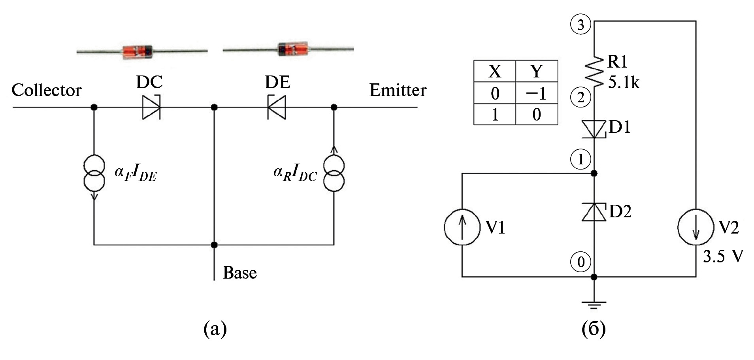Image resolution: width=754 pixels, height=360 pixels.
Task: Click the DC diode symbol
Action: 151,107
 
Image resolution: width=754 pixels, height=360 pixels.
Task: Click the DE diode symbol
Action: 277,107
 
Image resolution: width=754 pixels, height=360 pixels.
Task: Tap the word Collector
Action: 46,90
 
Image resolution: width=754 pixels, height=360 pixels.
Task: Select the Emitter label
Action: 398,90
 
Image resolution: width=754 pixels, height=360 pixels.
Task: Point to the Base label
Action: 239,273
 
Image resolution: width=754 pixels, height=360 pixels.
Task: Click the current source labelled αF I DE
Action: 94,173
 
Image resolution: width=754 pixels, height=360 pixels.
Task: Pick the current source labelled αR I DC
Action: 334,173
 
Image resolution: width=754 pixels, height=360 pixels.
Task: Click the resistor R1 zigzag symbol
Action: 594,71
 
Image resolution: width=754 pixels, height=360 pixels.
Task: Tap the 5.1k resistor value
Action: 624,83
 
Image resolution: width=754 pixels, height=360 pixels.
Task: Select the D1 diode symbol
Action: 594,129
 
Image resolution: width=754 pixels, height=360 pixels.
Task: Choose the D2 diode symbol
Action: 594,212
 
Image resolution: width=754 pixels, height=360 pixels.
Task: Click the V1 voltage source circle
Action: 462,227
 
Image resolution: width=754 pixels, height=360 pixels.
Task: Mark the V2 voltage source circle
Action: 696,227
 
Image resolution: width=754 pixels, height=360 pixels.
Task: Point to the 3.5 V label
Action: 723,256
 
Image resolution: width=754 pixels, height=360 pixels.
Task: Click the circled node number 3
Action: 580,25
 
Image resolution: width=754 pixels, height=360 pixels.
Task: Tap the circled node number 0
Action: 581,262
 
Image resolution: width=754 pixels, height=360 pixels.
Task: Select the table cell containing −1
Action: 536,93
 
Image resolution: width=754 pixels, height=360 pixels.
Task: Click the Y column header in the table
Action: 536,71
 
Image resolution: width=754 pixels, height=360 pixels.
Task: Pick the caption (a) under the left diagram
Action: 215,329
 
